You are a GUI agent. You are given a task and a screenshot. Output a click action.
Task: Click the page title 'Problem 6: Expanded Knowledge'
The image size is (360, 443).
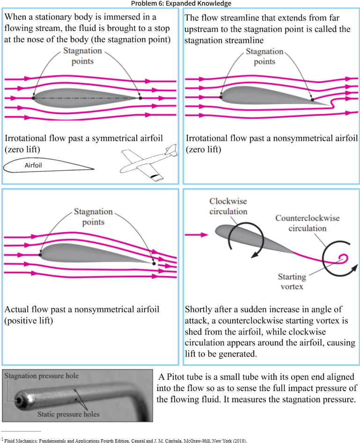[181, 3]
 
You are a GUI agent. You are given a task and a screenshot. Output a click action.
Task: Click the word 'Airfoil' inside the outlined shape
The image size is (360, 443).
[34, 165]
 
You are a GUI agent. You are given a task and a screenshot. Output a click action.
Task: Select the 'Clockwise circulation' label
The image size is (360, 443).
[228, 206]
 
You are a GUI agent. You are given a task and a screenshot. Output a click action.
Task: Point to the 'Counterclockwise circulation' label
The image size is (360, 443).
[307, 223]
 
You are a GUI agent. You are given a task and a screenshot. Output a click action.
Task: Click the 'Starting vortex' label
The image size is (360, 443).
[292, 282]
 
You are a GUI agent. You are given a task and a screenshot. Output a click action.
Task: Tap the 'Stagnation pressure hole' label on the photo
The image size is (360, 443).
[41, 376]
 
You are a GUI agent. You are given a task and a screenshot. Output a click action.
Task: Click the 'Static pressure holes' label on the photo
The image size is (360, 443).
[68, 414]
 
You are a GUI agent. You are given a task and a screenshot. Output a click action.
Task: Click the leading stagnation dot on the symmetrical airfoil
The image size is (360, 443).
[33, 98]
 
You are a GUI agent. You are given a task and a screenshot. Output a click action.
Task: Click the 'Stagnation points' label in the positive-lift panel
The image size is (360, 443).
[93, 217]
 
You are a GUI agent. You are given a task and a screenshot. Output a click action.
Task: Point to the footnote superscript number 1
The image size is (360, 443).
[2, 438]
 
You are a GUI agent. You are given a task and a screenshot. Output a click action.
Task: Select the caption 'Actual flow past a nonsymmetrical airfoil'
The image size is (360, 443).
[82, 310]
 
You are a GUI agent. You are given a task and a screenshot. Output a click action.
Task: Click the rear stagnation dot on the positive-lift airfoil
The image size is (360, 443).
[154, 263]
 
